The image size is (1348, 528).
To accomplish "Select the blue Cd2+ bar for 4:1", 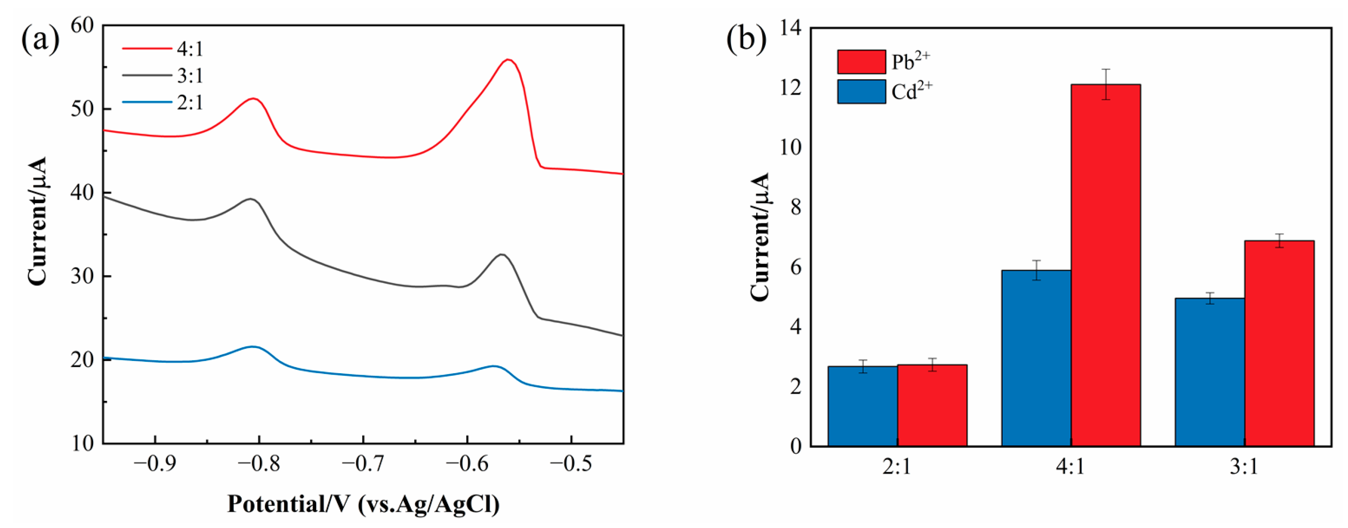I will (1036, 358).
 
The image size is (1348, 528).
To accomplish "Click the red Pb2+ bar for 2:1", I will (932, 405).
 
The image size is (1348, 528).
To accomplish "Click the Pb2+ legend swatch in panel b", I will (862, 62).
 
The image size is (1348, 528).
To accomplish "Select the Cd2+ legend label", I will (912, 92).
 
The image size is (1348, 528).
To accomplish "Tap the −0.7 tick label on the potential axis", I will (362, 464).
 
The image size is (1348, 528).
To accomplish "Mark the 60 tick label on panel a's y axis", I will (82, 25).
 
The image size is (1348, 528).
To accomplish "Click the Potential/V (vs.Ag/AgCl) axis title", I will (363, 504).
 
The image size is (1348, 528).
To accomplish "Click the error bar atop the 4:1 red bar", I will (1105, 84).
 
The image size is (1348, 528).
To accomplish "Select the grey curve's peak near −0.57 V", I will (502, 255).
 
